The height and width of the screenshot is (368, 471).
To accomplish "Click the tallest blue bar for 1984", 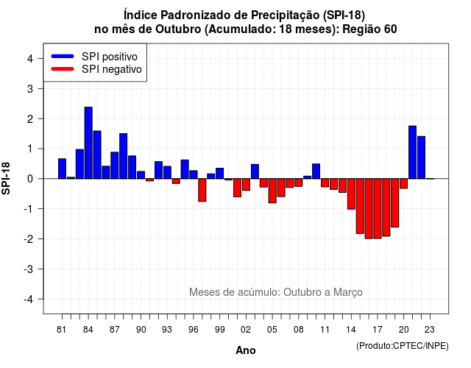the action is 88,143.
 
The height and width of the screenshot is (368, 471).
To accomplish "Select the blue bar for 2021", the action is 412,152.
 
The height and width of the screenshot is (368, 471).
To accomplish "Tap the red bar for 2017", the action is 378,208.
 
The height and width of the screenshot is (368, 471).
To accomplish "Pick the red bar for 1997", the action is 202,190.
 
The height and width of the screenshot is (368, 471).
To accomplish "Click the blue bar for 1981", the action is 62,169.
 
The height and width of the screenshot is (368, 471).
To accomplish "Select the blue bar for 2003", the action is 255,171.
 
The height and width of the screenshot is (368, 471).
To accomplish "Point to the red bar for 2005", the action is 272,191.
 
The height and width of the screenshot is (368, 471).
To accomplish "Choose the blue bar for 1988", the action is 123,156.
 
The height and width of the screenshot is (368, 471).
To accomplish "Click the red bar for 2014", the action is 351,194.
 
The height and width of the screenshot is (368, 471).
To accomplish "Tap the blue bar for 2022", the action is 421,158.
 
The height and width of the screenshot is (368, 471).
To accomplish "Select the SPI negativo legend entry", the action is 96,69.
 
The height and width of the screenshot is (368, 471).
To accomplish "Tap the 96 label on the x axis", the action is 193,330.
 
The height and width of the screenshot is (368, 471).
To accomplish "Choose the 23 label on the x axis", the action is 430,330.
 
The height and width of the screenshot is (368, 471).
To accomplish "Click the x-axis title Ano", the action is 246,350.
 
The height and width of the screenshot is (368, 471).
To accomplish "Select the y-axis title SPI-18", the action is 6,178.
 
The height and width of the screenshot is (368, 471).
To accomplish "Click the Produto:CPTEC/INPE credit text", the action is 403,346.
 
